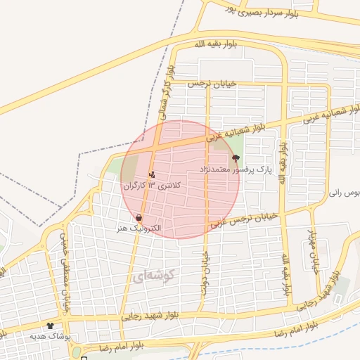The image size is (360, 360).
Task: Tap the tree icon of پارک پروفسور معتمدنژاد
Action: (x=235, y=159)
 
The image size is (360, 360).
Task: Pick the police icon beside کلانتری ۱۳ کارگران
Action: (x=152, y=174)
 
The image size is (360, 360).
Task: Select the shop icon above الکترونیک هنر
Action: (x=139, y=217)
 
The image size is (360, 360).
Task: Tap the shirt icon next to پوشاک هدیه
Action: (x=50, y=326)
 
